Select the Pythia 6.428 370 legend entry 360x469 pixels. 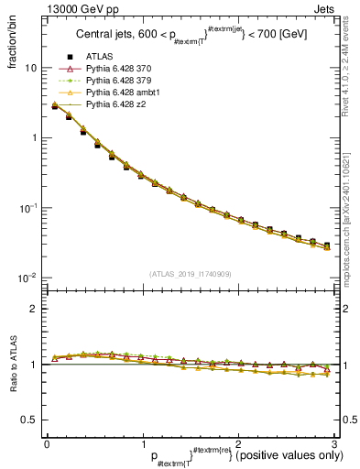[115, 82]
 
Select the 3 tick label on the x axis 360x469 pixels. [334, 443]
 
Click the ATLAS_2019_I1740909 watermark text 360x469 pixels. [190, 274]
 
